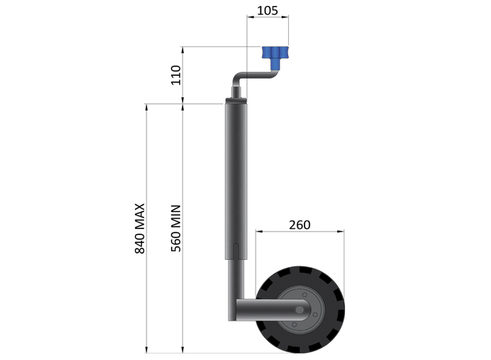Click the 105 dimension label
[x=267, y=10]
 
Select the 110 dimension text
[x=176, y=75]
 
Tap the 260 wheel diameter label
[x=300, y=225]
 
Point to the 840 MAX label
[x=139, y=228]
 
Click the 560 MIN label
[x=176, y=228]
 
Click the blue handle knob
[x=275, y=57]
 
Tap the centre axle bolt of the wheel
[x=300, y=310]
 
